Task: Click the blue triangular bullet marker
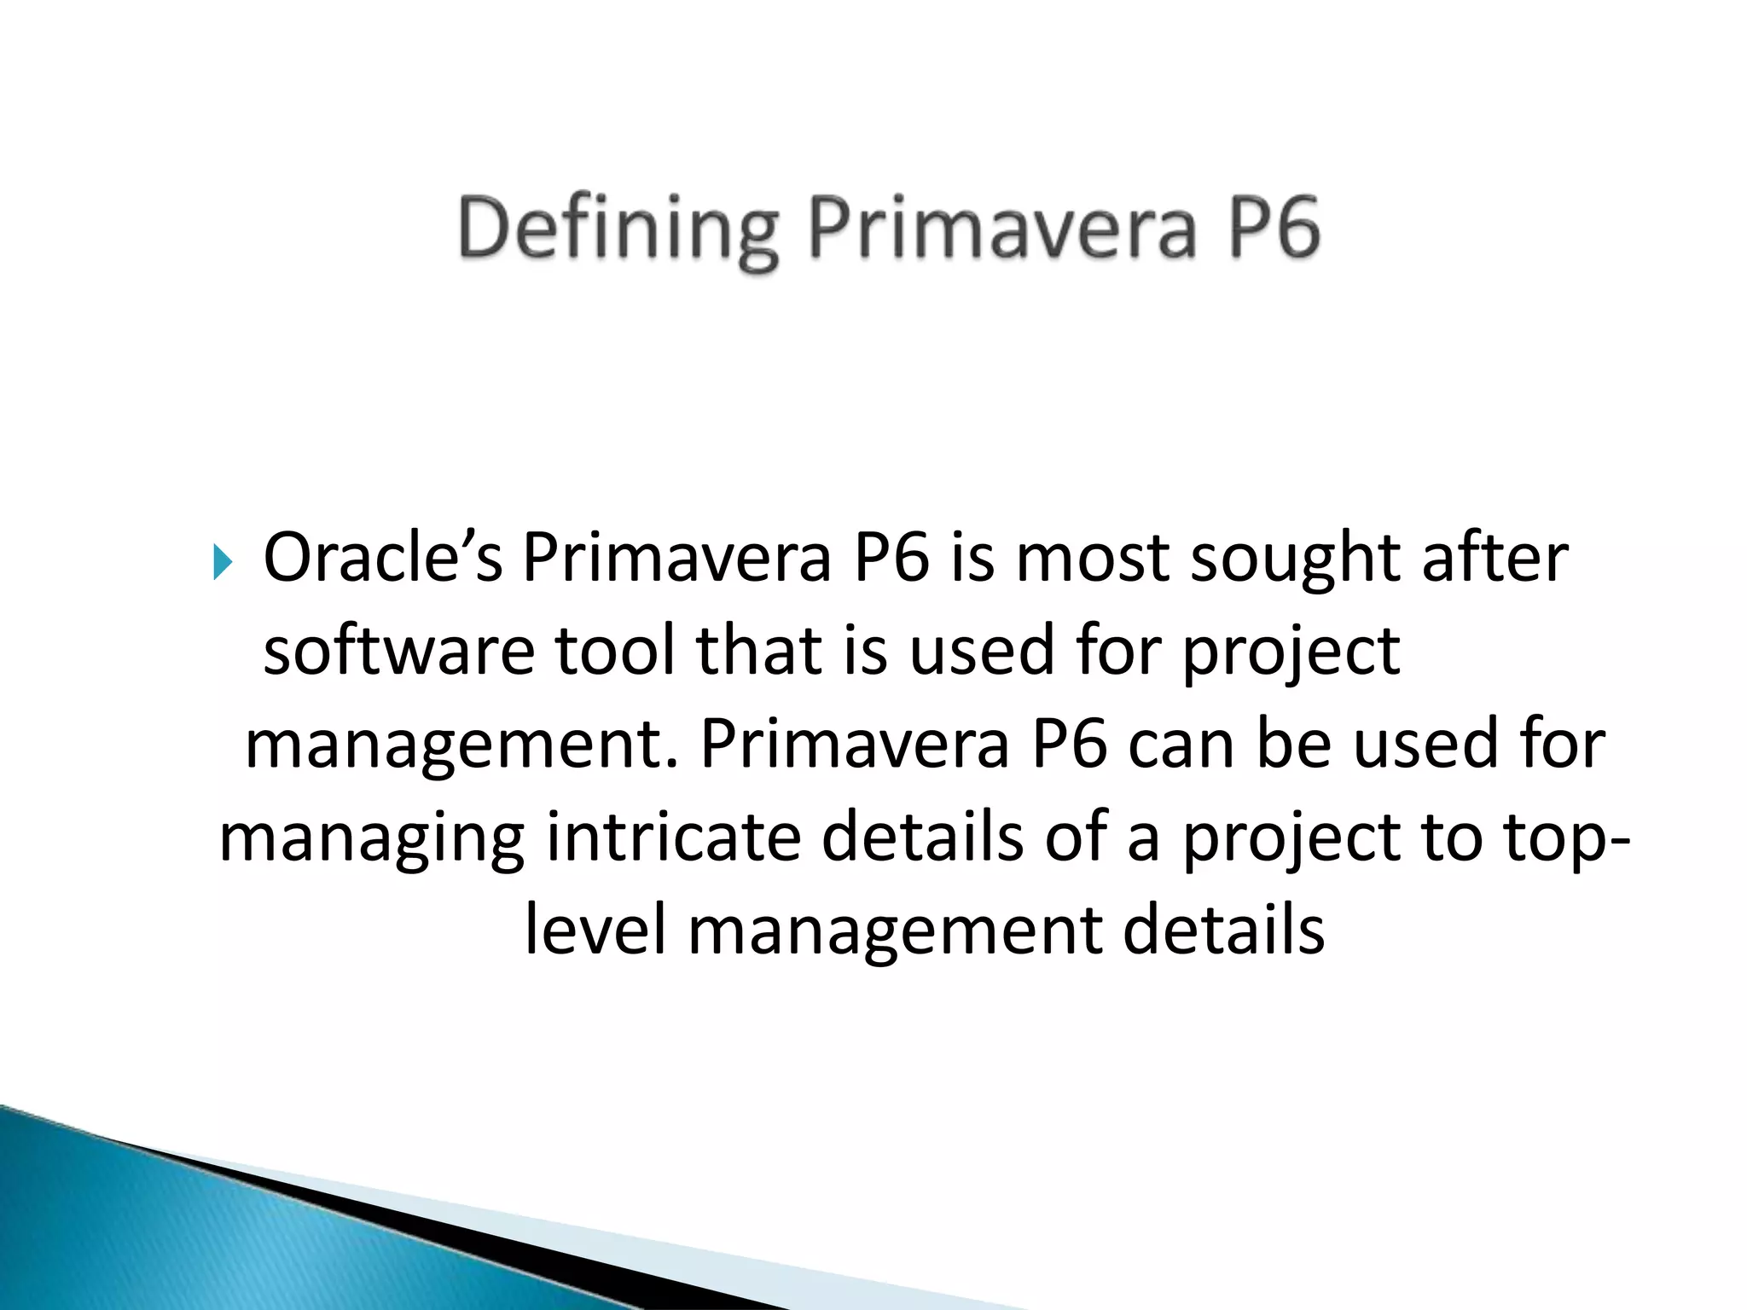click(x=223, y=563)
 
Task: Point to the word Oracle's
click(x=383, y=558)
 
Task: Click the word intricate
click(x=673, y=838)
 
